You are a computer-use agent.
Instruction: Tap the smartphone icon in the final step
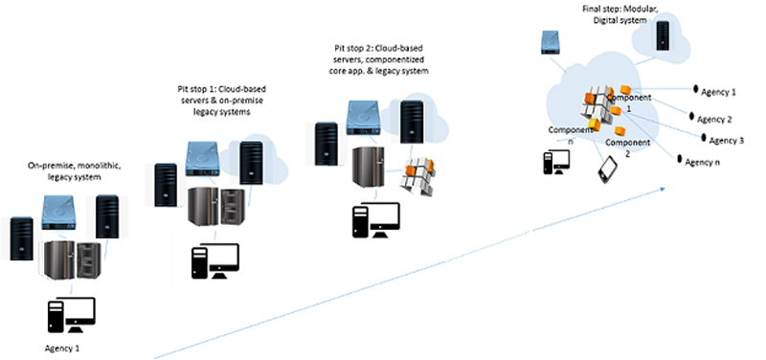[x=608, y=169]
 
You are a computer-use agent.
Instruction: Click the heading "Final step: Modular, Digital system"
[x=604, y=15]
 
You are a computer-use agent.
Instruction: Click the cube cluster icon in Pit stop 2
[x=418, y=177]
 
